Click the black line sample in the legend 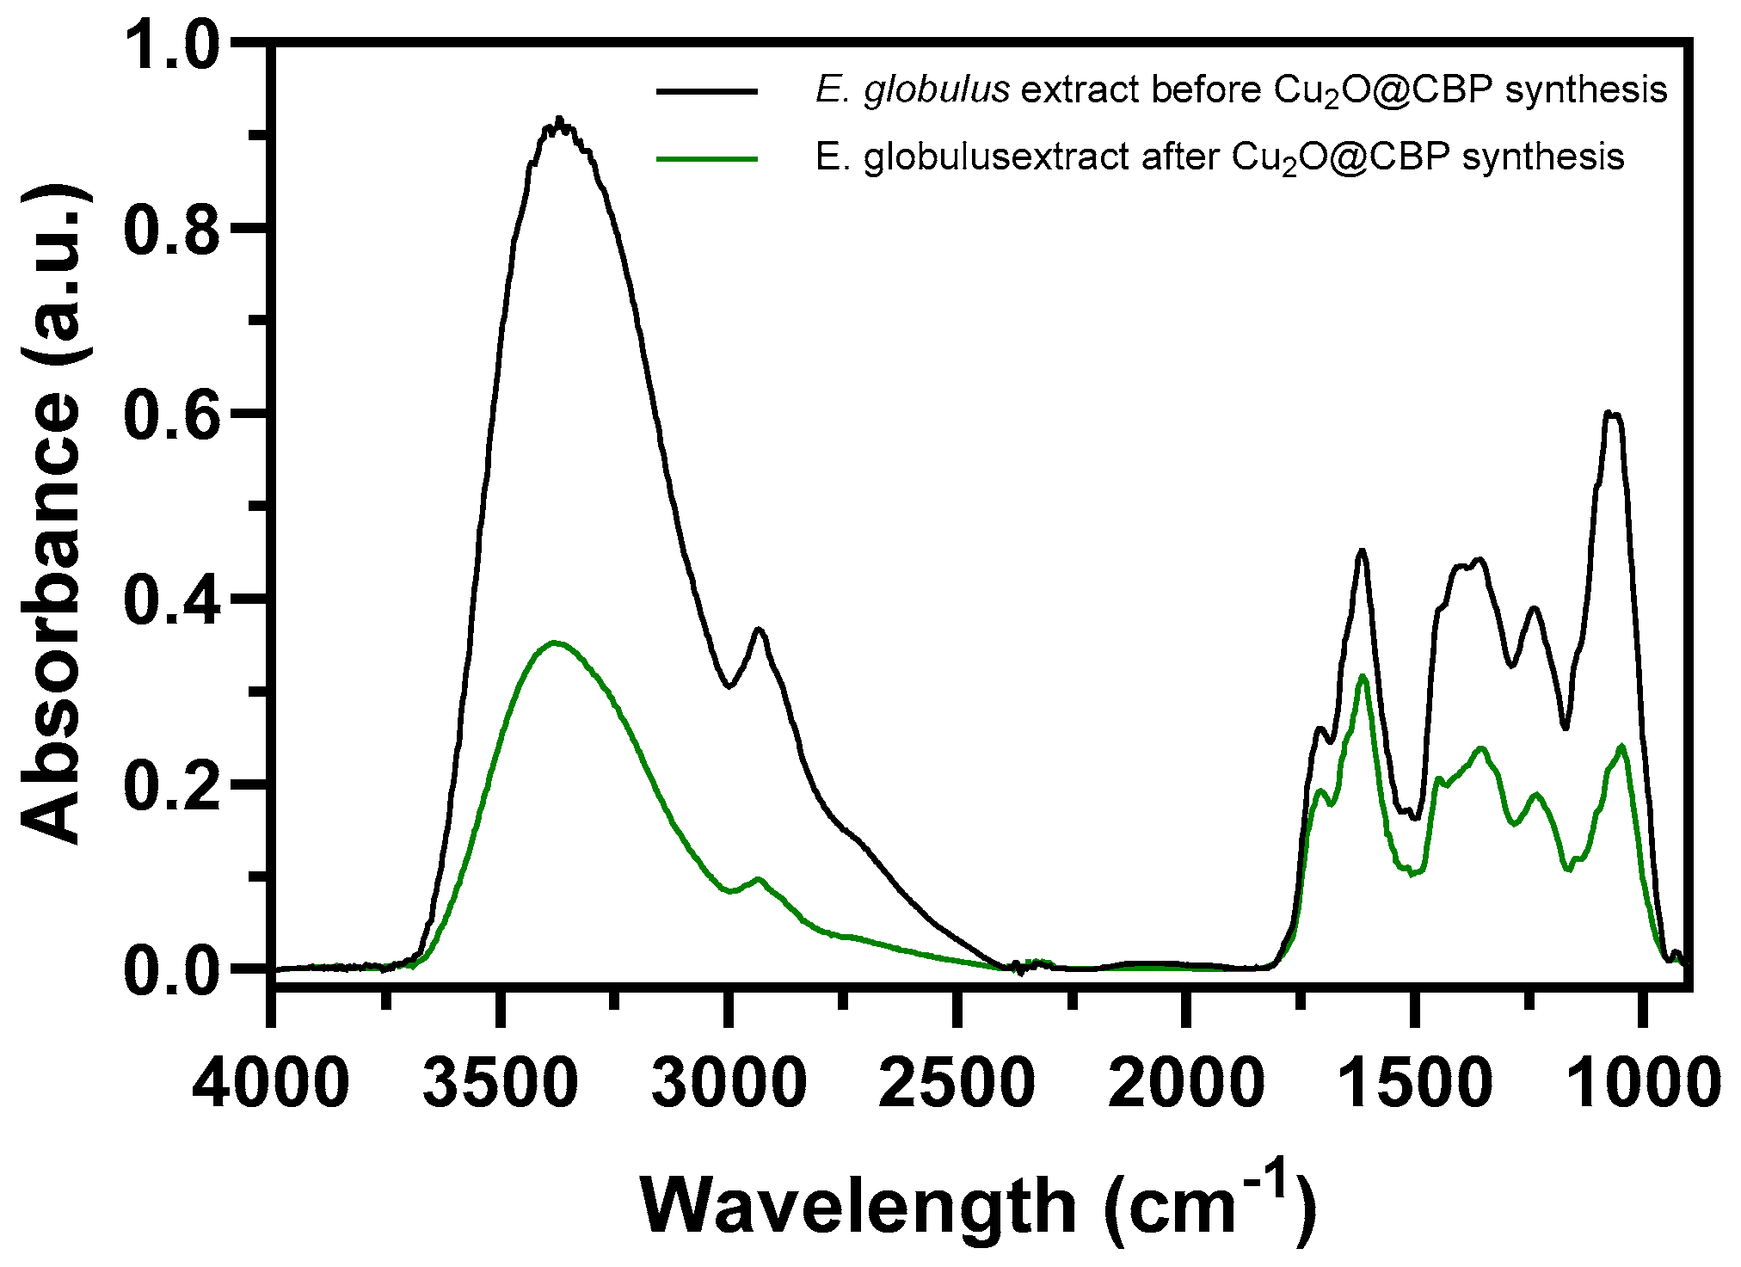pos(707,90)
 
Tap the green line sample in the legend pos(707,157)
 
